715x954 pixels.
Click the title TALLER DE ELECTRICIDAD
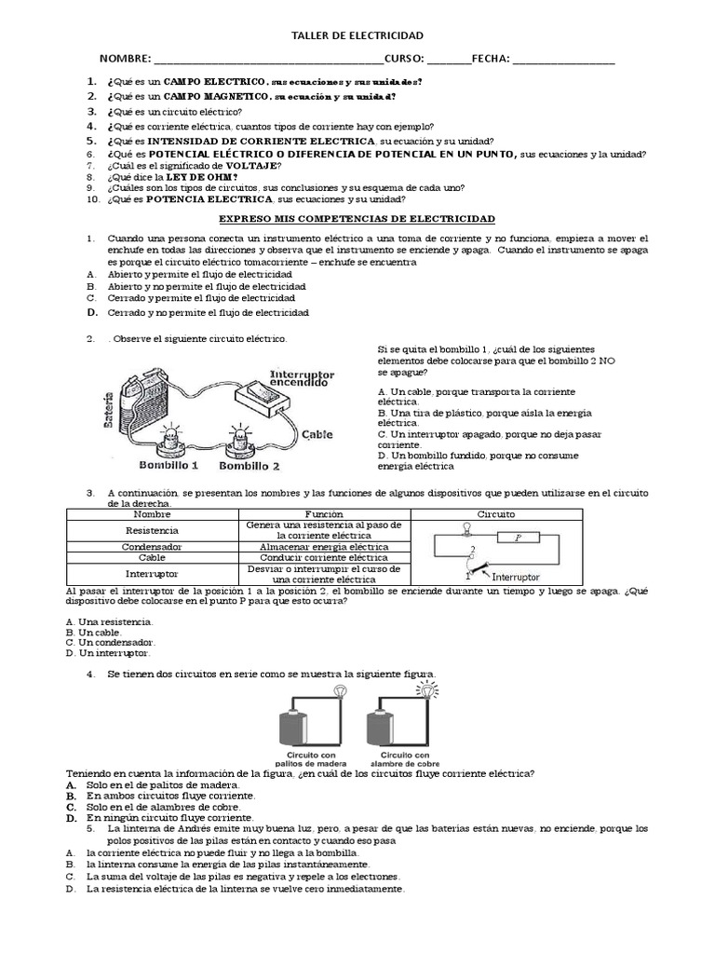[357, 35]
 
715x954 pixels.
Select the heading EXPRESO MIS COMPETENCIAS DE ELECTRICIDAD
[357, 218]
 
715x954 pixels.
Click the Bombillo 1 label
[169, 463]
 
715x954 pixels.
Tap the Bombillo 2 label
[249, 465]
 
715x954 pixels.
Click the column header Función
[325, 514]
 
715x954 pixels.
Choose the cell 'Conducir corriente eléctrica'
[325, 557]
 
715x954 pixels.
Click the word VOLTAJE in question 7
[250, 165]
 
